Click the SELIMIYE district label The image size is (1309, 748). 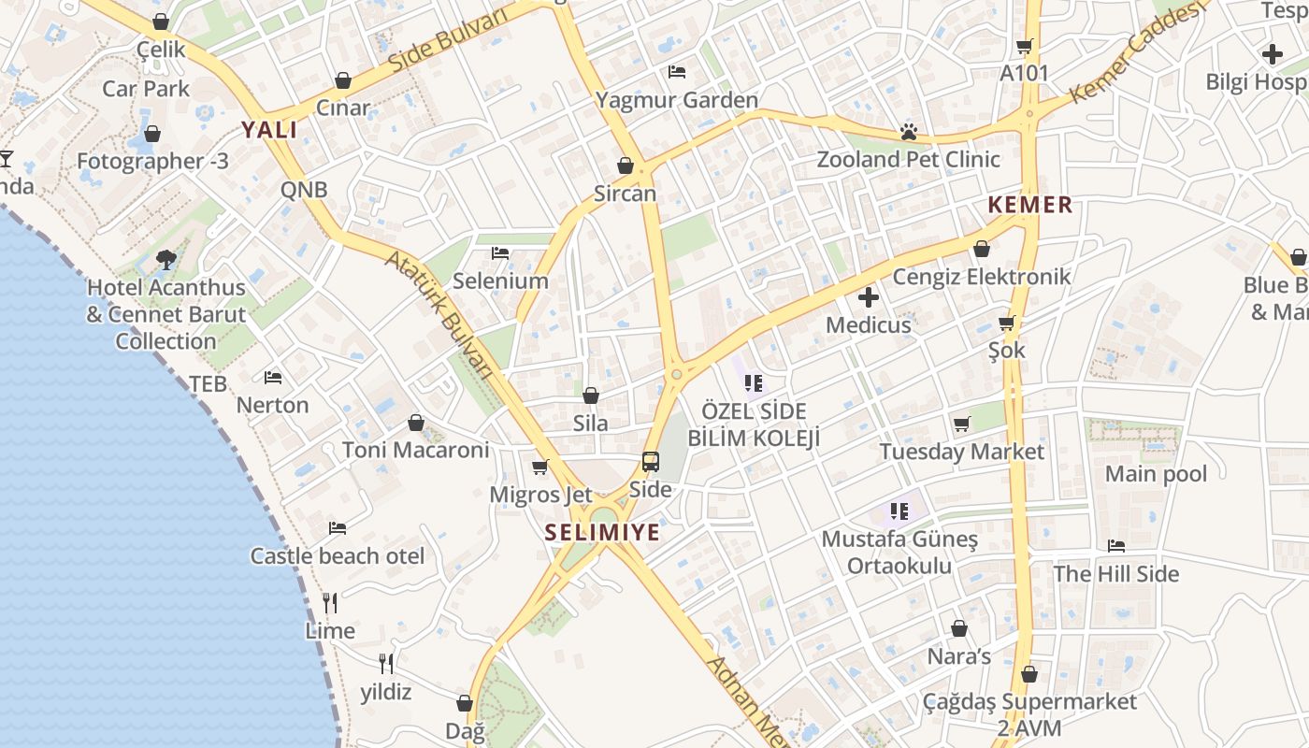click(603, 533)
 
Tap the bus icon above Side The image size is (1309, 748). click(650, 461)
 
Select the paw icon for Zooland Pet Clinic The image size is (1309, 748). click(908, 132)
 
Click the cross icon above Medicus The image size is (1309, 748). click(869, 298)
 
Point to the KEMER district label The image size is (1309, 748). click(1030, 206)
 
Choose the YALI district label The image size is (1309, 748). click(269, 130)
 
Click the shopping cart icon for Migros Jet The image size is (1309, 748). click(539, 467)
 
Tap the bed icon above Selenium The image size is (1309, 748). click(500, 253)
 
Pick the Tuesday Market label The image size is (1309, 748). click(962, 452)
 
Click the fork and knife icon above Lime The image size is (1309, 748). click(329, 601)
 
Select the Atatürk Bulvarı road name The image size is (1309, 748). click(439, 312)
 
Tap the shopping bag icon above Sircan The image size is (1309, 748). click(626, 166)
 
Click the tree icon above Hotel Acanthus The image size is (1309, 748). click(166, 260)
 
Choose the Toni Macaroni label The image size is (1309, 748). click(415, 450)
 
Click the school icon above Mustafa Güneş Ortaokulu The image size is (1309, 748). click(899, 511)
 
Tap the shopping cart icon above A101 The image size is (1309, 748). click(1025, 46)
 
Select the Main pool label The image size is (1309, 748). click(1156, 474)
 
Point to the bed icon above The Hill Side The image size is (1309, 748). click(1115, 546)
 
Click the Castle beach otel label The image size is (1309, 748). click(338, 556)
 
